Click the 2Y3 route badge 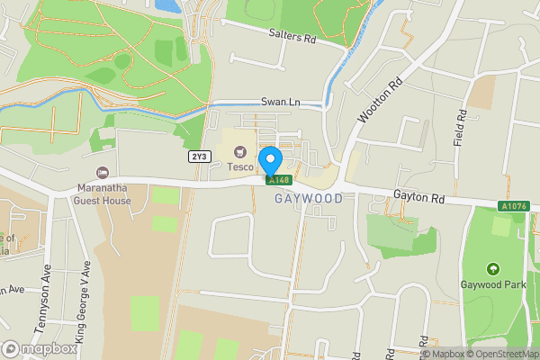point(199,157)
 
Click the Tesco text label point(239,166)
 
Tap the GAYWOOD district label point(308,199)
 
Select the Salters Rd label point(292,39)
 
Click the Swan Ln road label point(280,103)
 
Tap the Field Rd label point(459,129)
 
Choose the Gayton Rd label point(419,195)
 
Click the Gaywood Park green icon point(492,269)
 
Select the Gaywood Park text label point(492,284)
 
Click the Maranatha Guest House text point(103,194)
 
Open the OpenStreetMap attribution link point(502,353)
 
